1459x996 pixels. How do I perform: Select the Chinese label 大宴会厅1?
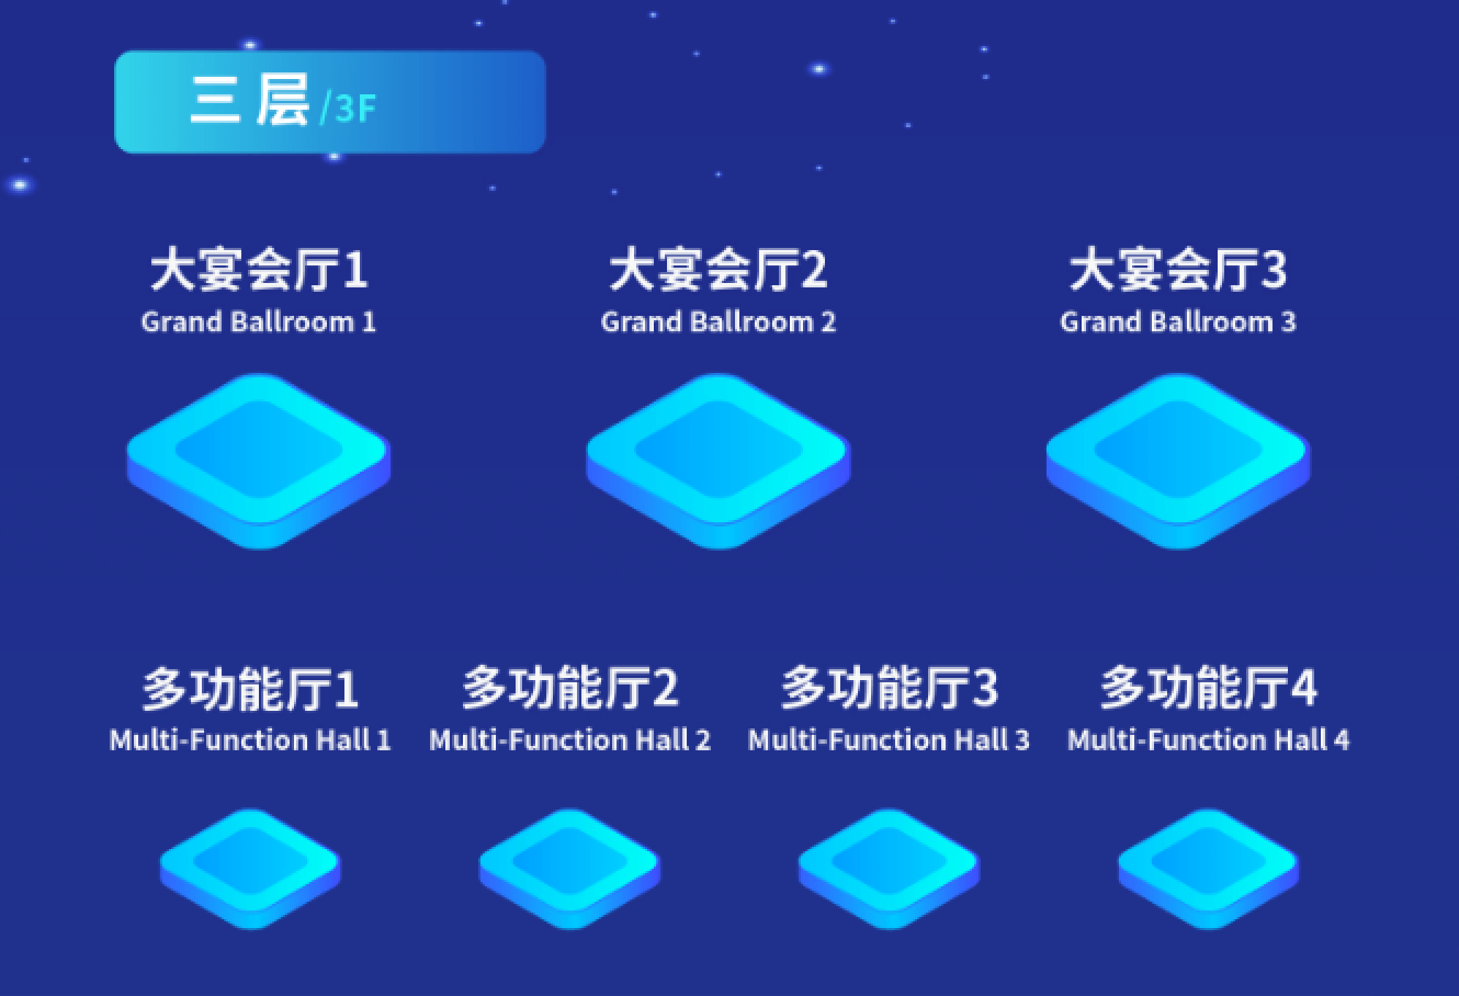tap(259, 269)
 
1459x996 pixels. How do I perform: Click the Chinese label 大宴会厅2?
tap(718, 269)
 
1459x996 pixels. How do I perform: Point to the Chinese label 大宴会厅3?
tap(1177, 269)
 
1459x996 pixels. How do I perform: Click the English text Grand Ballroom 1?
tap(259, 322)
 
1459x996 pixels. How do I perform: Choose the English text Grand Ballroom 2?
tap(718, 322)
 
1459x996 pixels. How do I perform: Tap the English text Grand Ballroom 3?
tap(1177, 322)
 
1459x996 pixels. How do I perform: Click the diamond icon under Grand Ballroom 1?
tap(259, 461)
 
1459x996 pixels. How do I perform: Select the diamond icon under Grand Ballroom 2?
tap(718, 461)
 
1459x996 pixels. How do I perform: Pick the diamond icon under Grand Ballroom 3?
tap(1178, 461)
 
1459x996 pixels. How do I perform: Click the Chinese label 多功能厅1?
tap(250, 688)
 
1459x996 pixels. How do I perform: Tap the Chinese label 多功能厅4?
tap(1209, 688)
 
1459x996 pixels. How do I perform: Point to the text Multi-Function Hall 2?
tap(570, 740)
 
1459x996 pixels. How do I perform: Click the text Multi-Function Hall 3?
tap(889, 740)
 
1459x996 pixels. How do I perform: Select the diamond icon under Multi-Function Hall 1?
tap(250, 869)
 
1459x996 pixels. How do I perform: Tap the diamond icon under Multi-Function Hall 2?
tap(570, 869)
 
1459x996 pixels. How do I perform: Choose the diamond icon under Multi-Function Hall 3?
tap(889, 869)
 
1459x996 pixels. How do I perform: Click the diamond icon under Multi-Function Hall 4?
tap(1209, 869)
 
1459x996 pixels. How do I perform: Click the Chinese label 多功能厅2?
tap(570, 688)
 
